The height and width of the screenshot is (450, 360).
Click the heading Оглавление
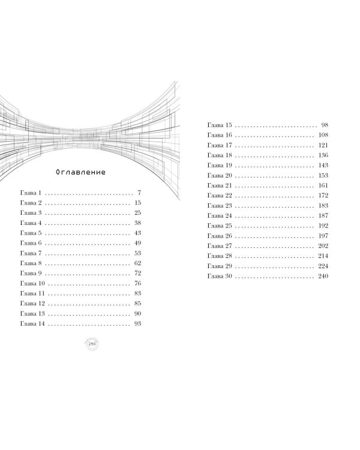pos(80,172)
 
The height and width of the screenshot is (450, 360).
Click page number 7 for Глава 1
pos(139,193)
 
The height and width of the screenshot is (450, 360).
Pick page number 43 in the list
pos(137,233)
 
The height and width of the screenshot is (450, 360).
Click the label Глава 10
pos(32,283)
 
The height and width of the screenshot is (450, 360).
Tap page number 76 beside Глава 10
pos(137,283)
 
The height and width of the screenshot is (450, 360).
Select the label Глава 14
pos(32,323)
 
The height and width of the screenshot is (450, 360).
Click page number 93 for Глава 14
pos(137,323)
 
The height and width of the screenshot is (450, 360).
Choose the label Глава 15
pos(220,125)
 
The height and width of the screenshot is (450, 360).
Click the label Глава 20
pos(220,175)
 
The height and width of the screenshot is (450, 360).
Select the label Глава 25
pos(220,226)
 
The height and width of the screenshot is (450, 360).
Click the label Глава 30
pos(220,276)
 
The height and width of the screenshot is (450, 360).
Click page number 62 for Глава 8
pos(137,263)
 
